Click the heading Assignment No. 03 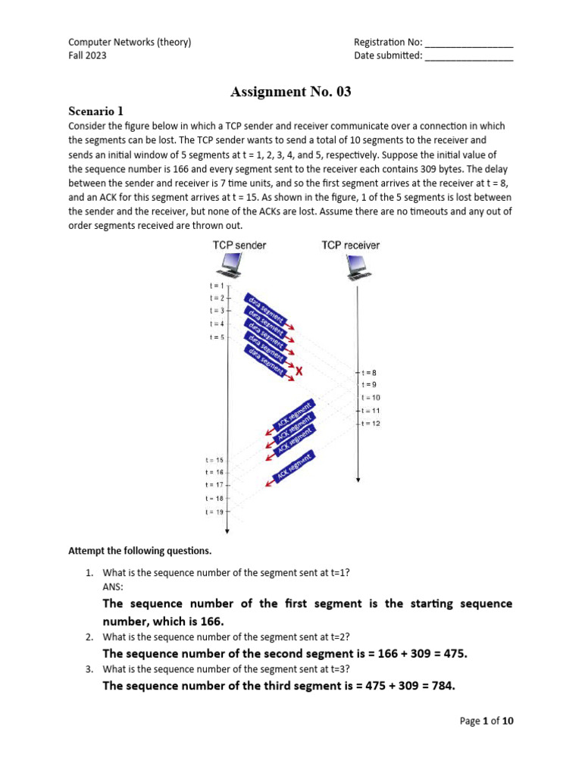[x=291, y=92]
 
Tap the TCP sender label [x=239, y=245]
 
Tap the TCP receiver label [x=351, y=245]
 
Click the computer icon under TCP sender [x=230, y=265]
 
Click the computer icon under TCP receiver [x=357, y=265]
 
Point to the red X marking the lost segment [x=299, y=371]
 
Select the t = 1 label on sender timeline [x=216, y=286]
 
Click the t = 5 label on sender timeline [x=216, y=337]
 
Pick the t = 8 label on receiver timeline [x=369, y=372]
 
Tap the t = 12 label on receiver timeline [x=371, y=423]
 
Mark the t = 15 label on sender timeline [x=214, y=460]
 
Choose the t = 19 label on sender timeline [x=214, y=512]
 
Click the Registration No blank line [x=468, y=42]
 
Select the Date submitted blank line [x=468, y=56]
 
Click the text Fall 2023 [x=87, y=56]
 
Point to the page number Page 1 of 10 [x=487, y=721]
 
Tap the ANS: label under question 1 [x=112, y=586]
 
